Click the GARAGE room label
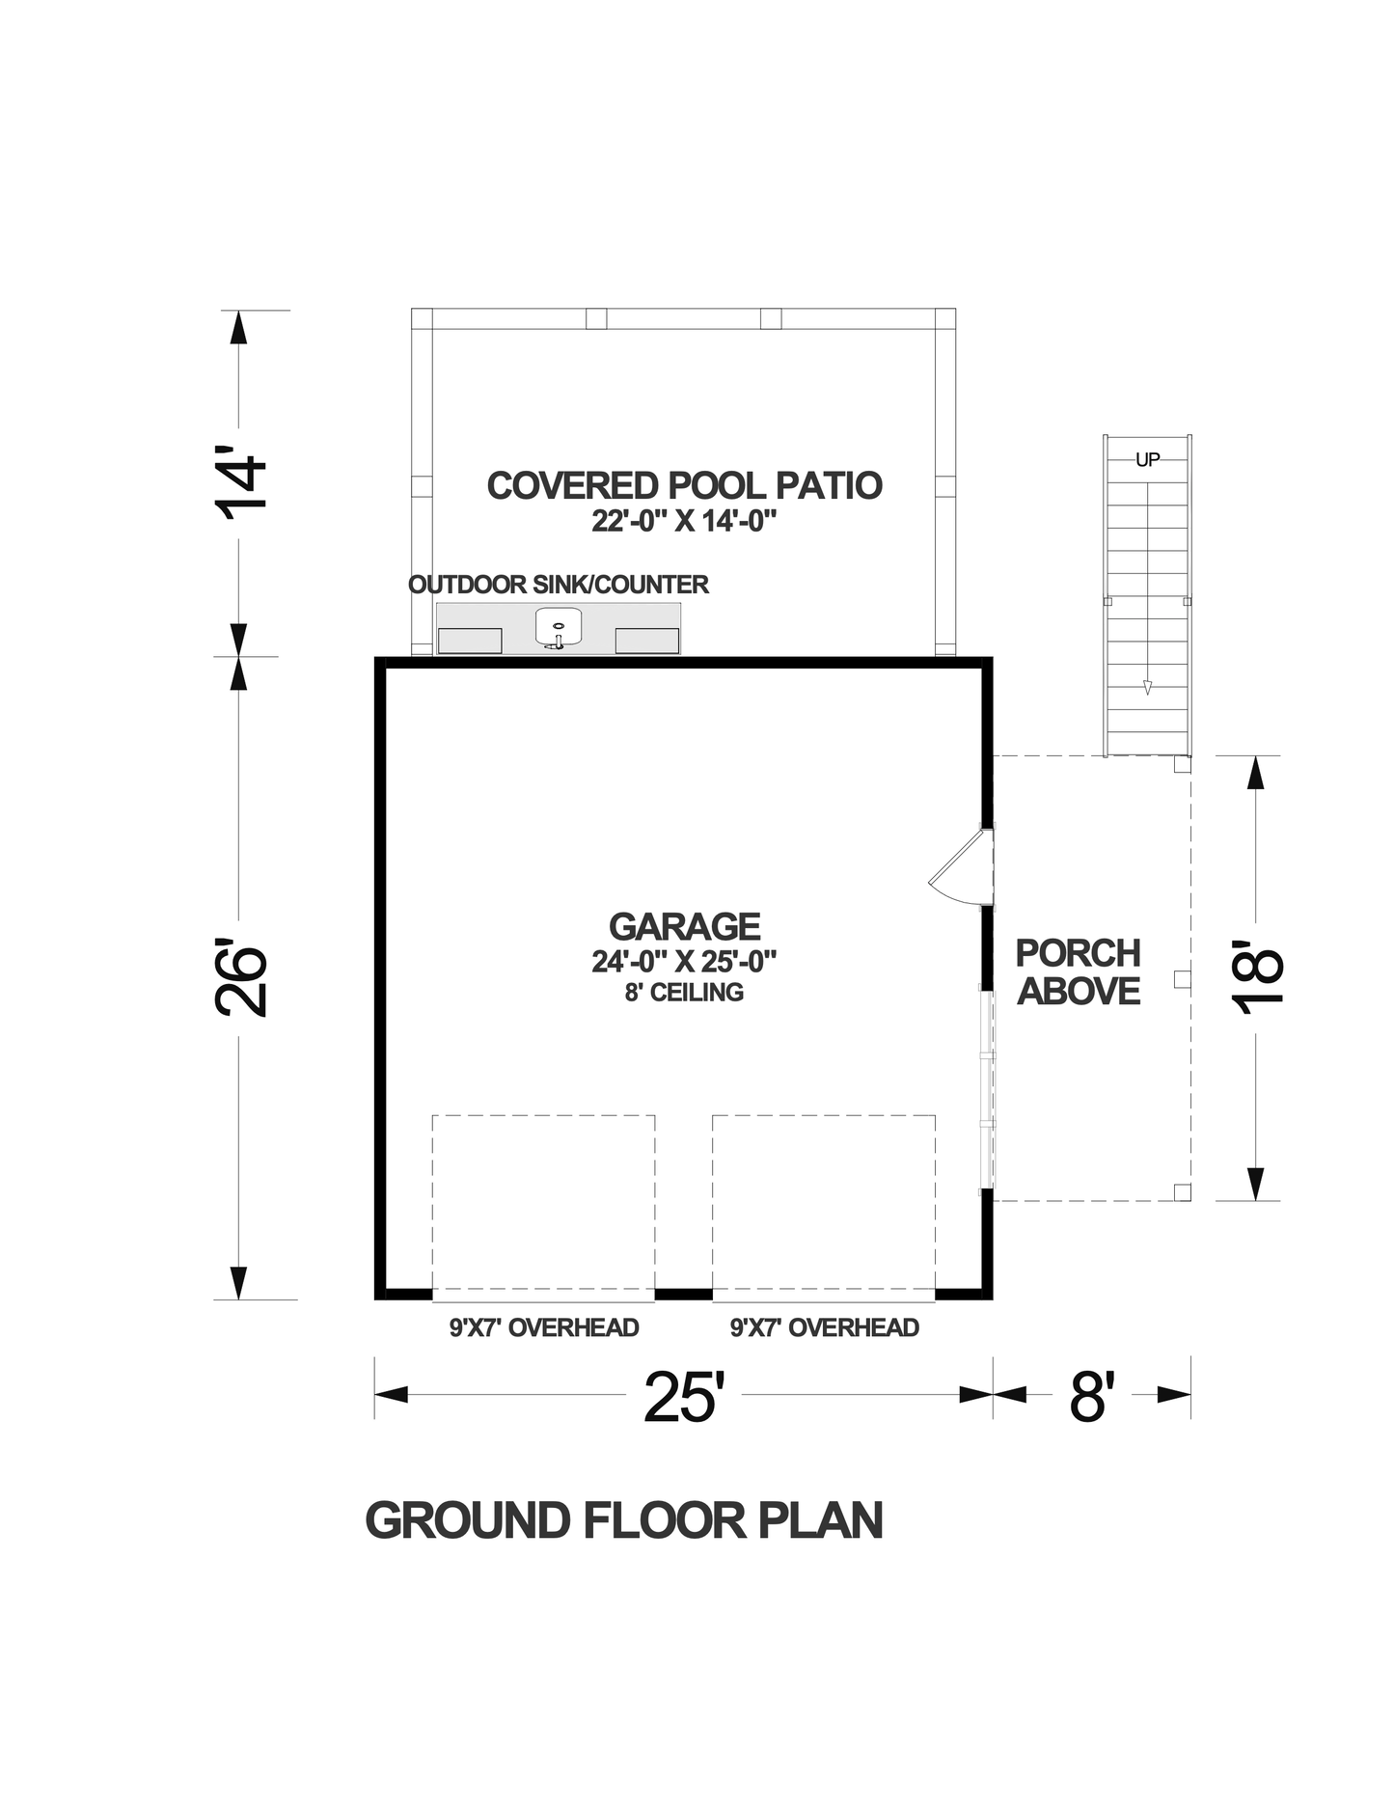[x=684, y=926]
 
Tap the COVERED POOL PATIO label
[x=684, y=485]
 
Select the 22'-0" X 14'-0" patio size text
[x=684, y=522]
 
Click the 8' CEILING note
[x=684, y=993]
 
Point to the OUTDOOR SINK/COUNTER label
[x=559, y=585]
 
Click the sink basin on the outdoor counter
[x=559, y=625]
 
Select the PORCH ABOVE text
[x=1079, y=972]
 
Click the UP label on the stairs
[x=1147, y=460]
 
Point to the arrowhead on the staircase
[x=1147, y=687]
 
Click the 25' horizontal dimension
[x=683, y=1397]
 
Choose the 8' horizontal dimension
[x=1092, y=1397]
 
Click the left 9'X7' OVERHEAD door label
[x=544, y=1328]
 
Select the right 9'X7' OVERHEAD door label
[x=824, y=1328]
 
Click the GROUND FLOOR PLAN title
[x=624, y=1521]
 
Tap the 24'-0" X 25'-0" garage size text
[x=684, y=961]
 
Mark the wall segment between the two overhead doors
[x=684, y=1293]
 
